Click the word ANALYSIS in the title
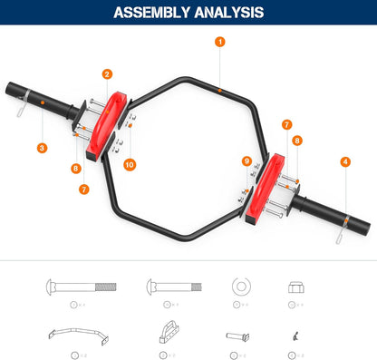(x=231, y=13)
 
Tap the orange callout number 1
(x=220, y=42)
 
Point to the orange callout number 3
(x=43, y=147)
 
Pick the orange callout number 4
(x=344, y=161)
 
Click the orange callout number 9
(x=246, y=161)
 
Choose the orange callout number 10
(x=129, y=165)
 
